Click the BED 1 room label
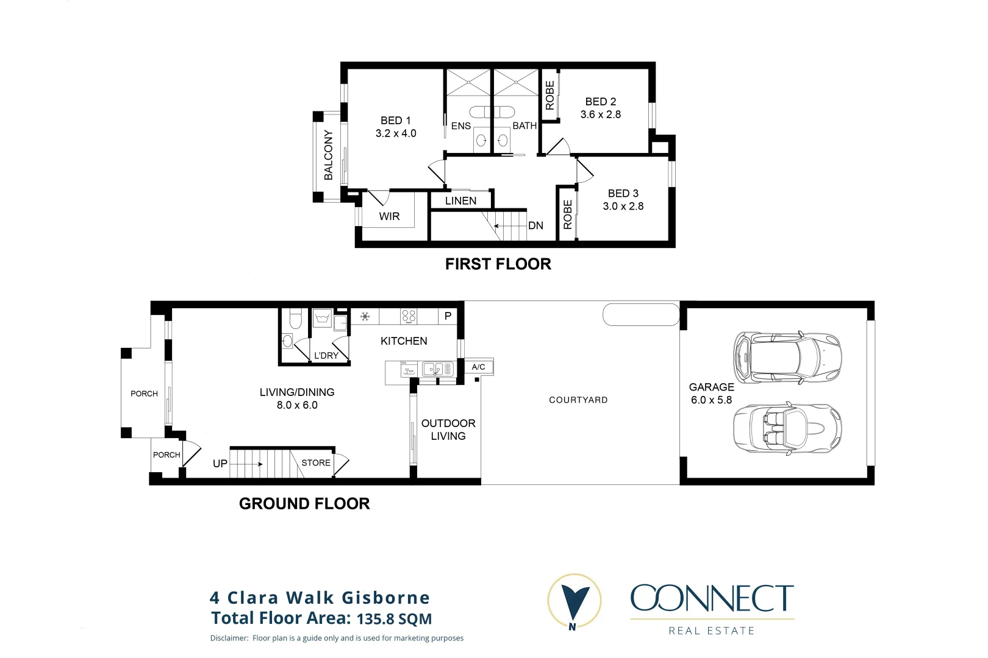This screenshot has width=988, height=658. tap(395, 121)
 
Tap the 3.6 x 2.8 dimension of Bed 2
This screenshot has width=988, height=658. tap(600, 115)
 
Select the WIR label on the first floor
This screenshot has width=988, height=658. tap(389, 216)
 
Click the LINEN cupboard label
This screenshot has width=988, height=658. tap(460, 200)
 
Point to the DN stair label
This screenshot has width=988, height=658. tap(535, 225)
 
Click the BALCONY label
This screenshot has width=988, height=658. tap(329, 155)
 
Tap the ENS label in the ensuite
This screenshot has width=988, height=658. tap(460, 126)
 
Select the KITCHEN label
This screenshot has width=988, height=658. tap(404, 341)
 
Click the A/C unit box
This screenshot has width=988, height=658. tap(479, 367)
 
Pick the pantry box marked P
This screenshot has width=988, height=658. tap(448, 316)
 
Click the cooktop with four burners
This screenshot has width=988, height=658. tap(409, 316)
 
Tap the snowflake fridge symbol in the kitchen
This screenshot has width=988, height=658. tap(365, 316)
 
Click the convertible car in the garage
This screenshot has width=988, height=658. tap(787, 428)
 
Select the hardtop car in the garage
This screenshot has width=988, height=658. tap(787, 357)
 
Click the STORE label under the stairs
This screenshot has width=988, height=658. tap(316, 463)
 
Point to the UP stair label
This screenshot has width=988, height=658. tap(220, 464)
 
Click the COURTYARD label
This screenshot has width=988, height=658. tap(578, 400)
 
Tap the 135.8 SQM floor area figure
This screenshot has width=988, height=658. tap(394, 619)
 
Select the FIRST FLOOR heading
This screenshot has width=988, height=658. tap(498, 264)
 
